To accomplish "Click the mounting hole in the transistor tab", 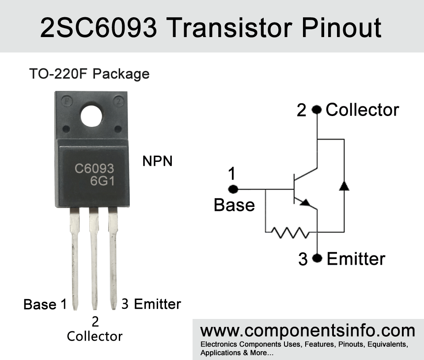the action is pyautogui.click(x=91, y=116).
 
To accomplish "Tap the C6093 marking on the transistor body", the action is pyautogui.click(x=95, y=169).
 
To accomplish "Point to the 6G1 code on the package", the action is pyautogui.click(x=102, y=181).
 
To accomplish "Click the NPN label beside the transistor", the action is pyautogui.click(x=157, y=161).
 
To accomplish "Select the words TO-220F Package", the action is pyautogui.click(x=89, y=74).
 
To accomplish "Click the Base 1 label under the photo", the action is pyautogui.click(x=45, y=304).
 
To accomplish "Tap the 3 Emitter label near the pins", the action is pyautogui.click(x=151, y=304).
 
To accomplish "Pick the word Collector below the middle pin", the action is pyautogui.click(x=95, y=336).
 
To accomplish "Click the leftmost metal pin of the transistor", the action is pyautogui.click(x=75, y=259).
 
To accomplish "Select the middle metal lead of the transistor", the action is pyautogui.click(x=94, y=259).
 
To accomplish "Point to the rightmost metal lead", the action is pyautogui.click(x=113, y=259).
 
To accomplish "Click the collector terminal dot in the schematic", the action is pyautogui.click(x=317, y=110).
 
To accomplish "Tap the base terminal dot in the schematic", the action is pyautogui.click(x=233, y=189).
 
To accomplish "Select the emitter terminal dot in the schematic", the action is pyautogui.click(x=317, y=258).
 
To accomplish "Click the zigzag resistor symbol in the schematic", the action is pyautogui.click(x=290, y=232).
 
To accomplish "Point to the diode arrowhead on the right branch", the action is pyautogui.click(x=344, y=186).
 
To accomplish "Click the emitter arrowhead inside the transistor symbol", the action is pyautogui.click(x=306, y=202).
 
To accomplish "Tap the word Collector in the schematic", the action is pyautogui.click(x=362, y=110).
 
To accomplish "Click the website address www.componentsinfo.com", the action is pyautogui.click(x=307, y=330).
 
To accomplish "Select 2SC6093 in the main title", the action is pyautogui.click(x=98, y=27).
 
